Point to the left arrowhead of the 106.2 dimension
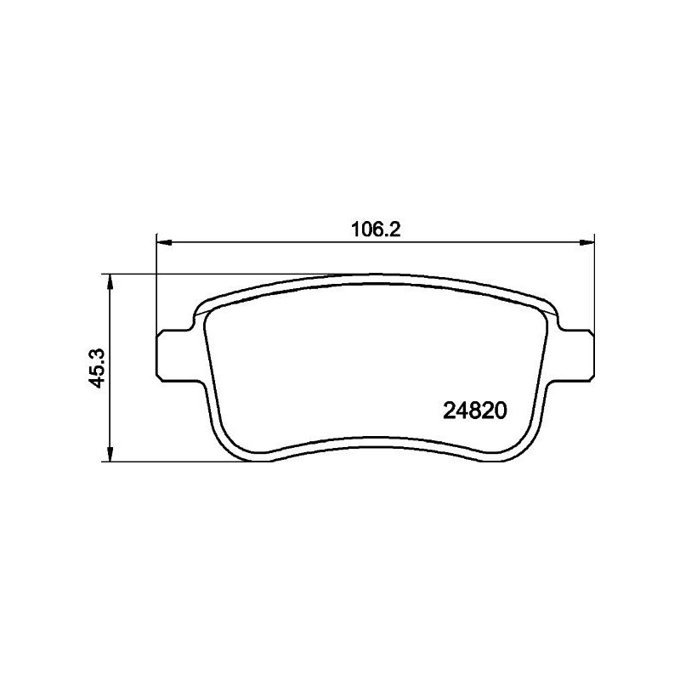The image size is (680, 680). coord(164,242)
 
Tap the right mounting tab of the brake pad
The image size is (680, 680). coord(577,352)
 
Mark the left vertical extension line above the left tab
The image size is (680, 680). coord(158,289)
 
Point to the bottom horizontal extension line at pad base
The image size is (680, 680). coord(170,462)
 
